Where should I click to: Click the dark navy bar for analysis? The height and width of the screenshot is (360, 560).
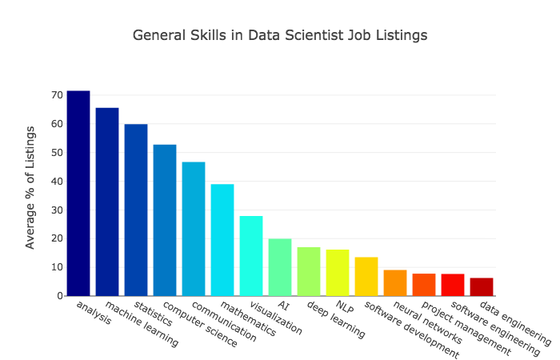click(78, 194)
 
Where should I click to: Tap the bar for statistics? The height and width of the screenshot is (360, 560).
click(136, 210)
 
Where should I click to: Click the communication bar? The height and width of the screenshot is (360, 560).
click(194, 229)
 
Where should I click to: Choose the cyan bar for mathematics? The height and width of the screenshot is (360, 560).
click(222, 240)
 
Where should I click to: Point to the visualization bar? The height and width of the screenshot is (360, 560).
click(251, 256)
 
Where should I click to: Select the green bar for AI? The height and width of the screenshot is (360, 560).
click(280, 267)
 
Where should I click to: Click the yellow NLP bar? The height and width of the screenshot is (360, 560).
click(338, 273)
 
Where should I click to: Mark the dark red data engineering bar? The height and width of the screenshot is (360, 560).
click(482, 287)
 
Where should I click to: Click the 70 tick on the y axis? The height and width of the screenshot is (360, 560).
click(56, 95)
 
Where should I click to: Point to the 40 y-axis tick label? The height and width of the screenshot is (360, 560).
click(56, 182)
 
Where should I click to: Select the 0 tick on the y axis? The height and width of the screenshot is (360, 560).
click(59, 296)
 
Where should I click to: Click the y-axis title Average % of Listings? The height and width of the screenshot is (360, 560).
click(30, 186)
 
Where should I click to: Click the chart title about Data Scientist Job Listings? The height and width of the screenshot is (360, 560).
click(280, 36)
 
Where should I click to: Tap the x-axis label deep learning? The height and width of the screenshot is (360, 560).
click(335, 319)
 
